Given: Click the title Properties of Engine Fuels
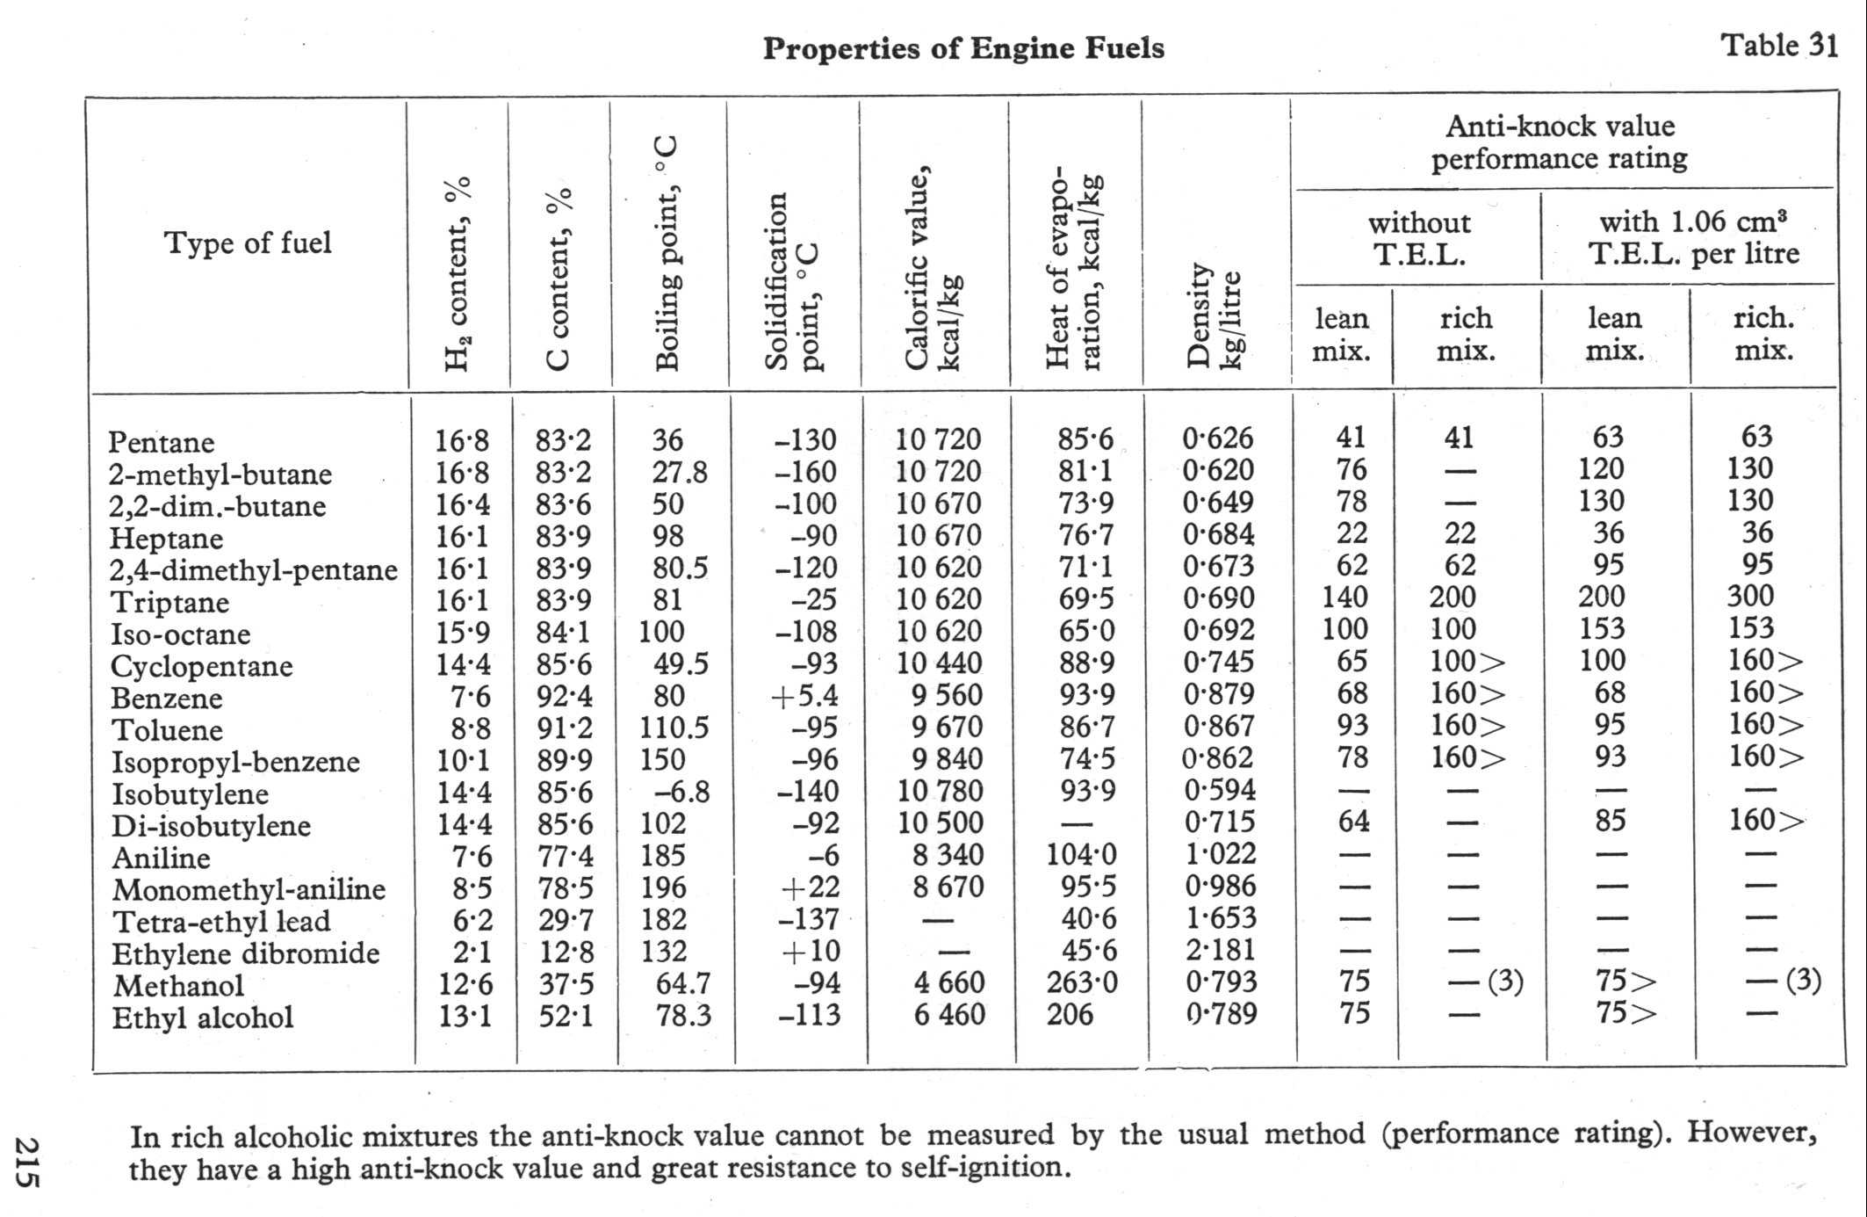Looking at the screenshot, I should pos(963,47).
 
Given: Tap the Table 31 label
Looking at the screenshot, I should pos(1779,45).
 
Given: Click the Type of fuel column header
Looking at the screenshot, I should pos(248,243).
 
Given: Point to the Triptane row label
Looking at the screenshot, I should pos(169,603).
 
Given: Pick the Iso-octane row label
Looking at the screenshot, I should pos(180,634).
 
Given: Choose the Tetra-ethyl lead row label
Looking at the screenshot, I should pos(221,922).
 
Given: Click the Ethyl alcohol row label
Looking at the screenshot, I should pos(202,1018).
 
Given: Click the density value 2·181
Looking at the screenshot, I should pos(1220,950).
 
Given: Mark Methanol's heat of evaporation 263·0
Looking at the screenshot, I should pos(1082,982).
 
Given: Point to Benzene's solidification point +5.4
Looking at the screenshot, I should pos(804,696).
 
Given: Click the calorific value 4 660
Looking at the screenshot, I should pos(948,982).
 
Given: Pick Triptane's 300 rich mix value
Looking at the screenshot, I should pos(1750,596).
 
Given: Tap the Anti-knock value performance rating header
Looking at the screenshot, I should pos(1560,142).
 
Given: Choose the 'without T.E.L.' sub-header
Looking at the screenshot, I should pos(1418,239).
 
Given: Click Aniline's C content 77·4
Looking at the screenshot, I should pos(565,855).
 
